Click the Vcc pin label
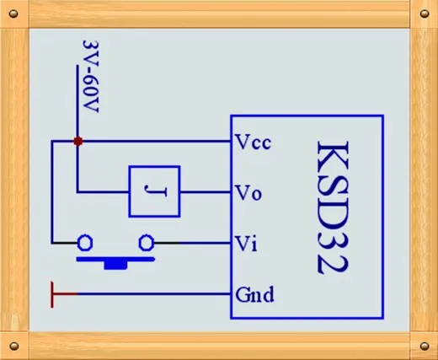pos(254,142)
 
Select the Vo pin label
pos(248,193)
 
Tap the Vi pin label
pos(246,244)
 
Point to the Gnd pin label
pos(254,294)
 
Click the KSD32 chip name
pos(334,207)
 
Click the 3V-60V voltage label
pos(91,77)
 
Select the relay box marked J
pos(154,191)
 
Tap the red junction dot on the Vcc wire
pos(78,141)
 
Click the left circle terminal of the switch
pos(85,242)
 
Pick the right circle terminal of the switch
pos(147,242)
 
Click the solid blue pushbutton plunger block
pos(115,265)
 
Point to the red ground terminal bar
pos(52,294)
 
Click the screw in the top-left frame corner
pos(13,13)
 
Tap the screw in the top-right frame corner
pos(425,13)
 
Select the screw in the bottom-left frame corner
pos(14,346)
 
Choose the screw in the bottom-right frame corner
pos(425,346)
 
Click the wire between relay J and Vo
pos(206,192)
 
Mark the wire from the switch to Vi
pos(192,243)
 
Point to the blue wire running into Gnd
pos(154,294)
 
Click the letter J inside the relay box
pos(155,191)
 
